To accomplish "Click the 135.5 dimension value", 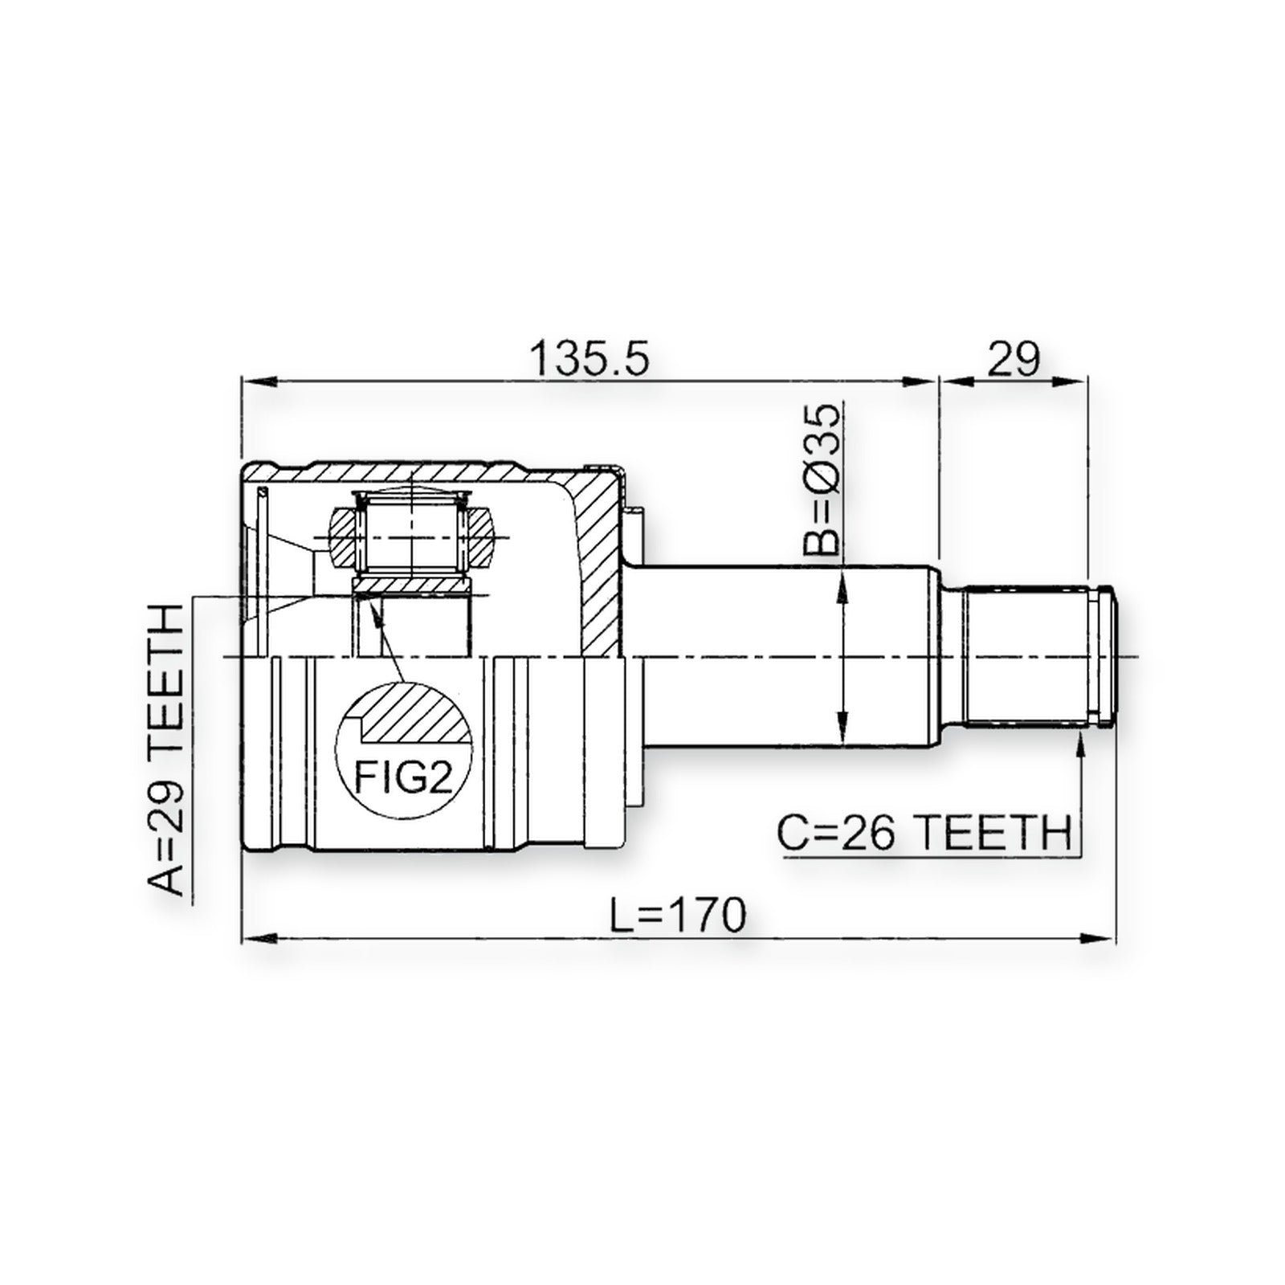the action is coord(591,360).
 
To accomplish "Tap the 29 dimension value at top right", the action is coord(1013,360).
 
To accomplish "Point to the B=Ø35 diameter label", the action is coord(822,479).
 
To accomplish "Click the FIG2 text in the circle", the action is coord(404,778).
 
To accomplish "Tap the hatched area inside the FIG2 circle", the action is coord(415,717).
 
